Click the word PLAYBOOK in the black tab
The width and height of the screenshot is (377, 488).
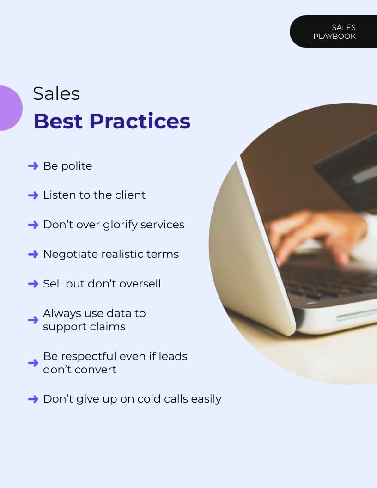click(x=334, y=37)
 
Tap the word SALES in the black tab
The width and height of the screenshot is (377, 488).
click(x=344, y=28)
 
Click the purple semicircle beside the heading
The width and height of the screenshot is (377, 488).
click(x=10, y=108)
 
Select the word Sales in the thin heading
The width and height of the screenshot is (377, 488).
click(x=56, y=94)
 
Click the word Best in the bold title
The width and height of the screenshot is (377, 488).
click(x=58, y=121)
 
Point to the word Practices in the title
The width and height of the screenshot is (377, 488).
click(x=140, y=121)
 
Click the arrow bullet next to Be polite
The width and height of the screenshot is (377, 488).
click(x=33, y=166)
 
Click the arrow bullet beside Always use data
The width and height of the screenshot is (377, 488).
click(x=33, y=320)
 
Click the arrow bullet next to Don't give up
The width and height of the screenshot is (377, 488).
click(x=33, y=399)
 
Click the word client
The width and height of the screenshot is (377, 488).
click(x=130, y=195)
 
